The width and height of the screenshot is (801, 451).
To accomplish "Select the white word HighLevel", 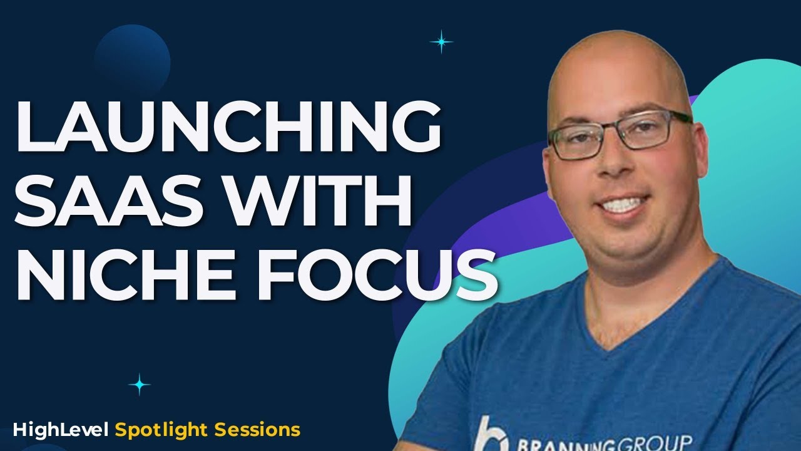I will pyautogui.click(x=61, y=430).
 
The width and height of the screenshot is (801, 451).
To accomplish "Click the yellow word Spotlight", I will pyautogui.click(x=162, y=430).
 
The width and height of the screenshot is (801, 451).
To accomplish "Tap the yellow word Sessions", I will pyautogui.click(x=257, y=430).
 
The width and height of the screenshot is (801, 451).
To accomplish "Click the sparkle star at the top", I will pyautogui.click(x=441, y=42).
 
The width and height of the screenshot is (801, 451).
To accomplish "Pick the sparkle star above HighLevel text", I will pyautogui.click(x=139, y=384).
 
